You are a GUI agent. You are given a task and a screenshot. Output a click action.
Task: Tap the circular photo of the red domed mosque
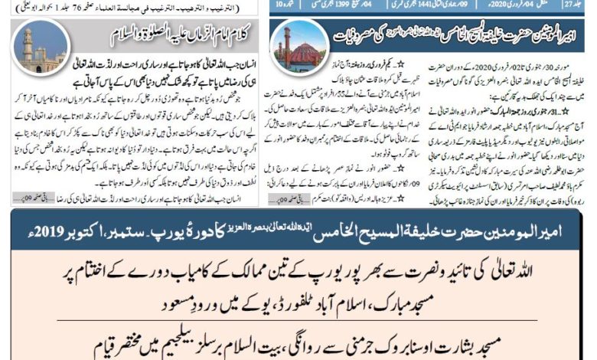coord(299,45)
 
